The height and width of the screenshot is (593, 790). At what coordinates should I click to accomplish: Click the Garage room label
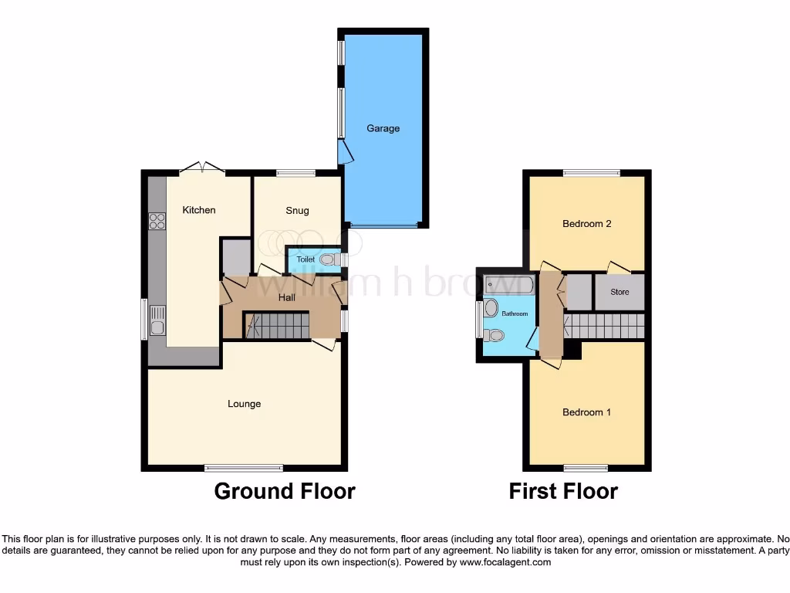pos(383,128)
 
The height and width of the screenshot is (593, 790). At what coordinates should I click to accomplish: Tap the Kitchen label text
pos(199,210)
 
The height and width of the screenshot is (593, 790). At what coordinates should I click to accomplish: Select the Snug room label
pos(297,211)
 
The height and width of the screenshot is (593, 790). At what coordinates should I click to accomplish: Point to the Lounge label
pos(244,404)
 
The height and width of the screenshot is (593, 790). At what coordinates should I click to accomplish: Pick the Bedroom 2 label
pos(587,224)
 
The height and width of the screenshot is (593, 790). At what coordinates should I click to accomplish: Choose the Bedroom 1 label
pos(586,412)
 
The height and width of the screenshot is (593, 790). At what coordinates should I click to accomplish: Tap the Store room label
pos(620,292)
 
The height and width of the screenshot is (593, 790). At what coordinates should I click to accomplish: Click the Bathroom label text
pos(515,314)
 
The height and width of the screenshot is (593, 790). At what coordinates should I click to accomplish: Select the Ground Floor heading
pos(285,491)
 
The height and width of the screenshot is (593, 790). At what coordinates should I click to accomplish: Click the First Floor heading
pos(563,491)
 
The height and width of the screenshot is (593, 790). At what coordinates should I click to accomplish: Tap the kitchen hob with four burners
pos(157,221)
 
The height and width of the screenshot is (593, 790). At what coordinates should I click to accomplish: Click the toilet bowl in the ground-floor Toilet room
pos(329,260)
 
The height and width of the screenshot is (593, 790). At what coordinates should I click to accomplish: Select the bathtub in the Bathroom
pos(509,285)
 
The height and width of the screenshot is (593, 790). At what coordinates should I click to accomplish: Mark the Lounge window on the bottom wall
pos(244,468)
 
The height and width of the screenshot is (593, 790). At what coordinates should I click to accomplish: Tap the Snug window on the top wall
pos(296,172)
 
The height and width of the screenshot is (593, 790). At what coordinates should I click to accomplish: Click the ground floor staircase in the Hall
pos(276,325)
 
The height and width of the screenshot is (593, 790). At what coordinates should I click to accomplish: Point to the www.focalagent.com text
pos(505,562)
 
